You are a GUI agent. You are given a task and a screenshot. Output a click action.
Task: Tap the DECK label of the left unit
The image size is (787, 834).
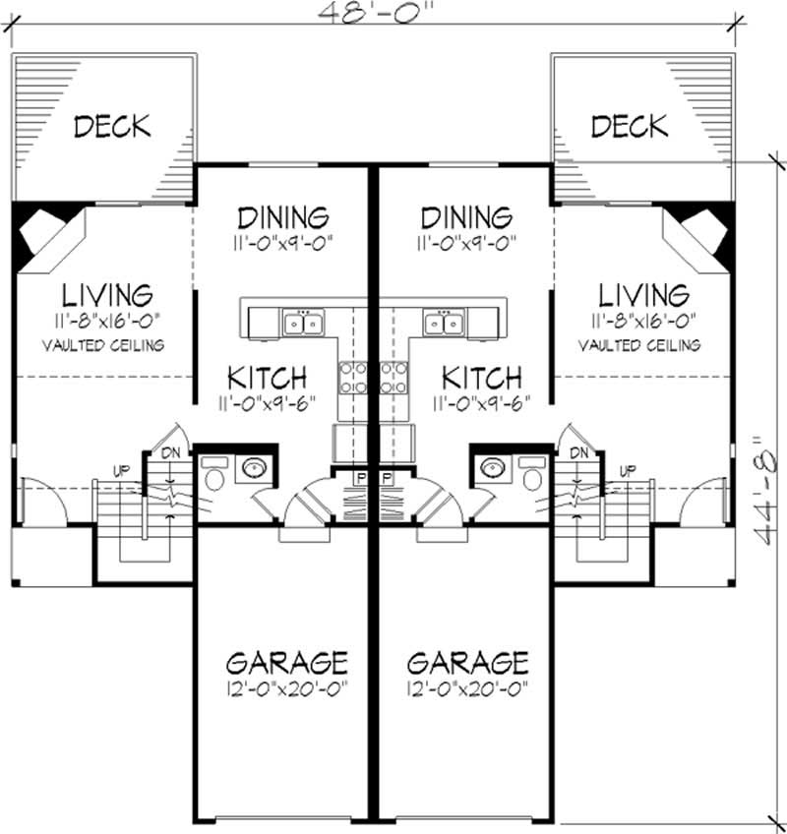click(x=112, y=126)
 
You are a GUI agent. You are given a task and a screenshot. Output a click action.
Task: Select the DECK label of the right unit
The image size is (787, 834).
click(x=630, y=126)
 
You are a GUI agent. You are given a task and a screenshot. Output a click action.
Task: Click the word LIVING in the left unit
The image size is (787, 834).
click(x=108, y=294)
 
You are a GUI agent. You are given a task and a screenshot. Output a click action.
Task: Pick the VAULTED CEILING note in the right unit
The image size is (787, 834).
click(x=639, y=345)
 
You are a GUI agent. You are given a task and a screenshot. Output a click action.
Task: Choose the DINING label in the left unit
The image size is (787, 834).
click(x=283, y=217)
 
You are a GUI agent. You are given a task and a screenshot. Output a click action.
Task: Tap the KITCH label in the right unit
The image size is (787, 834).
click(x=482, y=378)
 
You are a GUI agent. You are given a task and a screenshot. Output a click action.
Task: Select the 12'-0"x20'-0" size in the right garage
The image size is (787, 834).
click(x=467, y=687)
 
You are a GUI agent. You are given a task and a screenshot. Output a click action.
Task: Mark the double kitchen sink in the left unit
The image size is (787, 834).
click(x=303, y=323)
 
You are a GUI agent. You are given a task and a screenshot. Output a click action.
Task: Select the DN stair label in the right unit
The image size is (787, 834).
click(x=578, y=452)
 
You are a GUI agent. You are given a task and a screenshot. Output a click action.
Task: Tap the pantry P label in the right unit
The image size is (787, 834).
click(x=387, y=478)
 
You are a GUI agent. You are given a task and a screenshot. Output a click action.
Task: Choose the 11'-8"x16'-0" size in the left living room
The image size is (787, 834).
click(x=109, y=321)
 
